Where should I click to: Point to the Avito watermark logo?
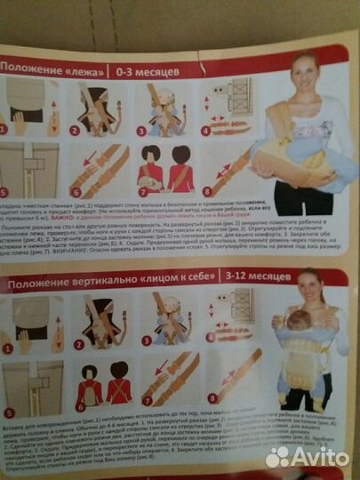tap(308, 455)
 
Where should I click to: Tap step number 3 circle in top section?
tap(141, 131)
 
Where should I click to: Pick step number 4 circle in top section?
tap(204, 129)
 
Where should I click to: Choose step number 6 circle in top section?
tap(77, 192)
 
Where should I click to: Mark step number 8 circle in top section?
tap(206, 188)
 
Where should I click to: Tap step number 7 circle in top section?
tap(140, 190)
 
